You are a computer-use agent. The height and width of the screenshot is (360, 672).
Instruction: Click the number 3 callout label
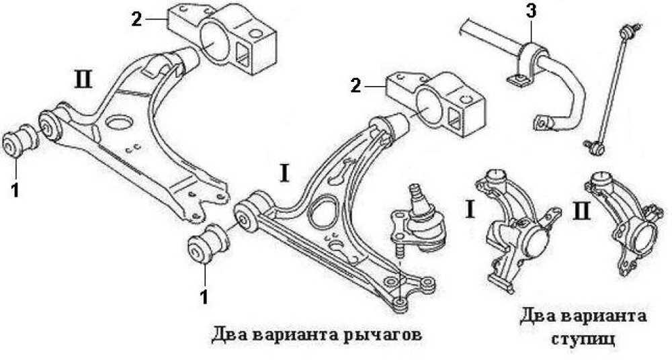(531, 11)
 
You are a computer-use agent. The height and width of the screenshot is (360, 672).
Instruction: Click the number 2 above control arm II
(137, 19)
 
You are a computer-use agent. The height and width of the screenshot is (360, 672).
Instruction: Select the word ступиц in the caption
(582, 339)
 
